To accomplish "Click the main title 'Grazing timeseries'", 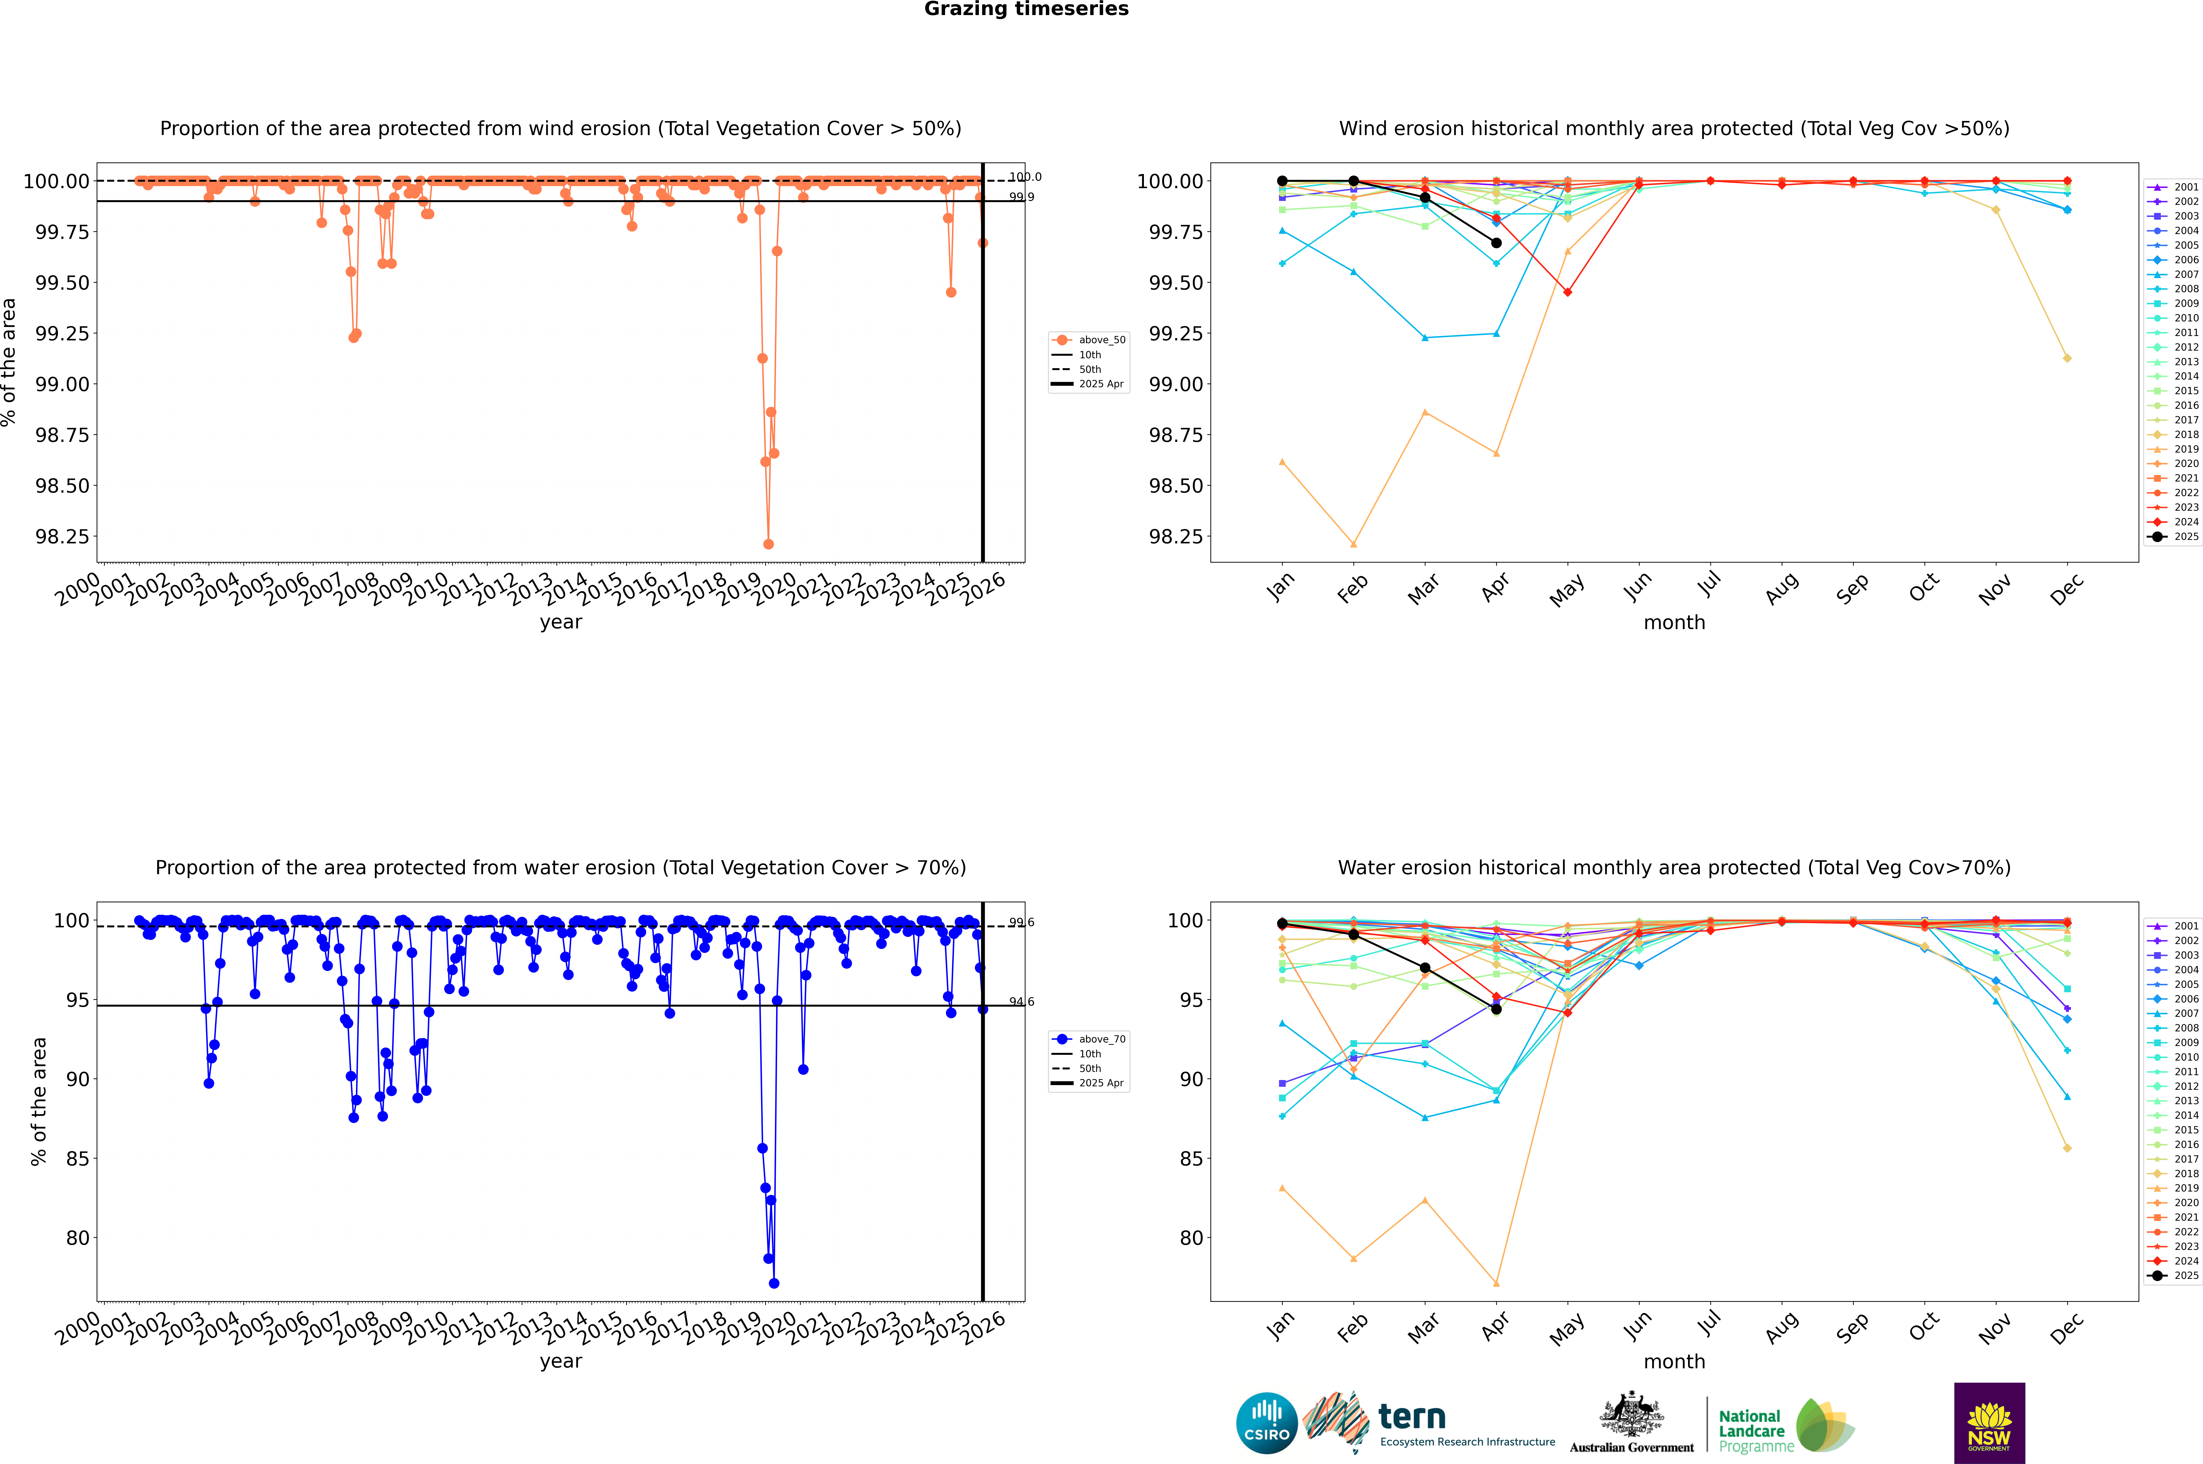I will pos(1026,9).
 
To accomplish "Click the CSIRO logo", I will pos(1266,1423).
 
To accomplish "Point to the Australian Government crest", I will pos(1632,1421).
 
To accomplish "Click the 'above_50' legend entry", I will pos(1090,340).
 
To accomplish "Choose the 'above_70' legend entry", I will pos(1090,1039).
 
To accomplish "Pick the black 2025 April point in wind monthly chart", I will pos(1496,243).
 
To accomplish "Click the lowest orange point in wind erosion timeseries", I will pos(768,544).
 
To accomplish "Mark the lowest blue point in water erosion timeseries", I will pos(774,1284).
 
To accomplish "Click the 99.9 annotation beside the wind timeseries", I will pos(1022,197).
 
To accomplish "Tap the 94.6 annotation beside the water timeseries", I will pos(1022,1002).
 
